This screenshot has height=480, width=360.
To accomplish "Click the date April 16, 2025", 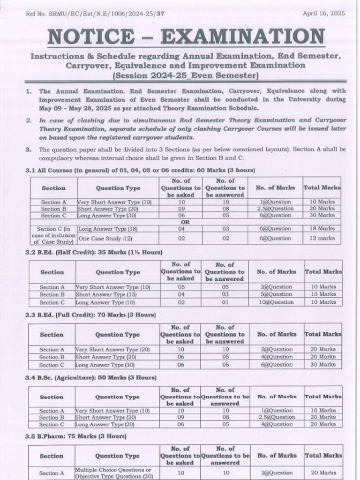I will click(323, 14).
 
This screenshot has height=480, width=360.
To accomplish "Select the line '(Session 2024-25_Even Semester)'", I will click(186, 75).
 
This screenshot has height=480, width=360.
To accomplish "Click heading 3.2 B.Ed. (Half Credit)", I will click(93, 252).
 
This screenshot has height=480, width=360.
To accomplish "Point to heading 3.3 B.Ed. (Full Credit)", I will click(90, 315).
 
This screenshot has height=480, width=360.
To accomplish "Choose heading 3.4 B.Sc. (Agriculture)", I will click(90, 377).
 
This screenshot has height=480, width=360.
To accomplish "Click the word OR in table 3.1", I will click(185, 222).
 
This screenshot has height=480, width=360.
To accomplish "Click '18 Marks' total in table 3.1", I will click(323, 229).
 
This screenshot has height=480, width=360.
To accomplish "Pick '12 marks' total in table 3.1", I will click(323, 238).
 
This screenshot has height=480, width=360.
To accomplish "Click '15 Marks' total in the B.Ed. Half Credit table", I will click(323, 294).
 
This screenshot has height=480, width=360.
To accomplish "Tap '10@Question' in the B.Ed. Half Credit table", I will click(277, 302).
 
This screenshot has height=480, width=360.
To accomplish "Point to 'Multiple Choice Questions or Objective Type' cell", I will click(114, 473).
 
